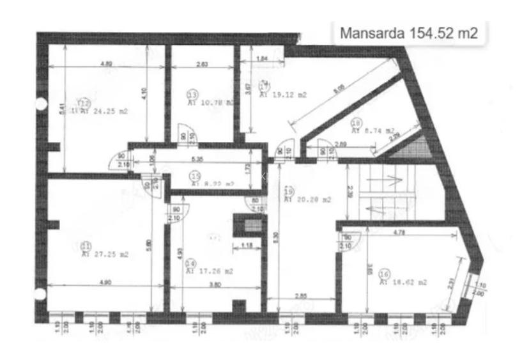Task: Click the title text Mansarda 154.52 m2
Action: pos(409,33)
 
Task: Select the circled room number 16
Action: pos(384,274)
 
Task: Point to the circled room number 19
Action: pos(289,191)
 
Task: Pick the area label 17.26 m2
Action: pos(210,271)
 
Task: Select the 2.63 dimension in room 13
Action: pos(202,64)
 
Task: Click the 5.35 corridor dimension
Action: pos(196,159)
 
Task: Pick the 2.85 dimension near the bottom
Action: pos(302,296)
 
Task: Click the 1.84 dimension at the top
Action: pos(261,59)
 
